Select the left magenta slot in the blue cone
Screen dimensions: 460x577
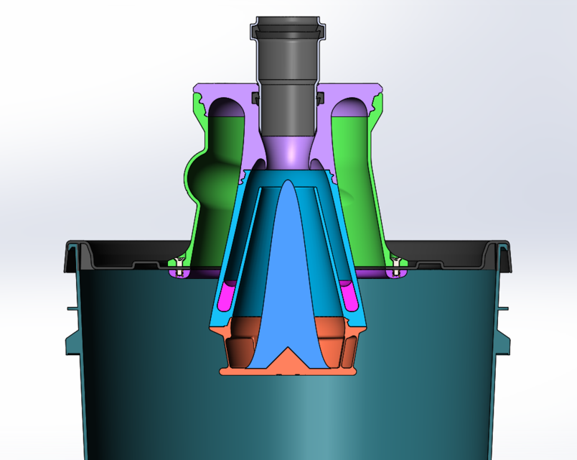click(229, 294)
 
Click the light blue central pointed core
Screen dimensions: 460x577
click(287, 273)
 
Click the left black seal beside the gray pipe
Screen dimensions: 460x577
click(255, 96)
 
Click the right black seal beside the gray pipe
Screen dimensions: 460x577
click(318, 96)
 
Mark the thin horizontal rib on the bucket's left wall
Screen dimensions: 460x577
click(72, 308)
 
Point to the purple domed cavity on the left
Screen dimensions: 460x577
click(229, 108)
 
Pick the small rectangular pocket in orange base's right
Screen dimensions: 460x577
click(348, 351)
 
